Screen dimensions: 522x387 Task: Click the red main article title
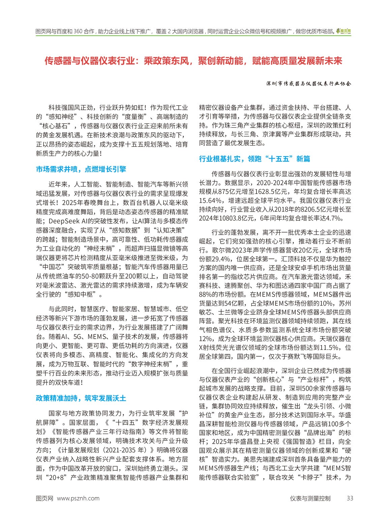pos(193,61)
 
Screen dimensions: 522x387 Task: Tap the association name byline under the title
pos(308,84)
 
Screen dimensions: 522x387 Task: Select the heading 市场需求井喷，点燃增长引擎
pos(81,169)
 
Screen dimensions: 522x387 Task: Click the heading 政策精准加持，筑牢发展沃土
pos(81,398)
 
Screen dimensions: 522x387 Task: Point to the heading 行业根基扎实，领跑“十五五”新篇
pos(255,159)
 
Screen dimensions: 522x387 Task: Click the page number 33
pos(350,498)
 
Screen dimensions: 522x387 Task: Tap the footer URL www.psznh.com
pos(78,498)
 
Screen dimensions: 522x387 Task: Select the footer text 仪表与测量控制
pos(310,498)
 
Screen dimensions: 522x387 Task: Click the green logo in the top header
pos(344,31)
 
